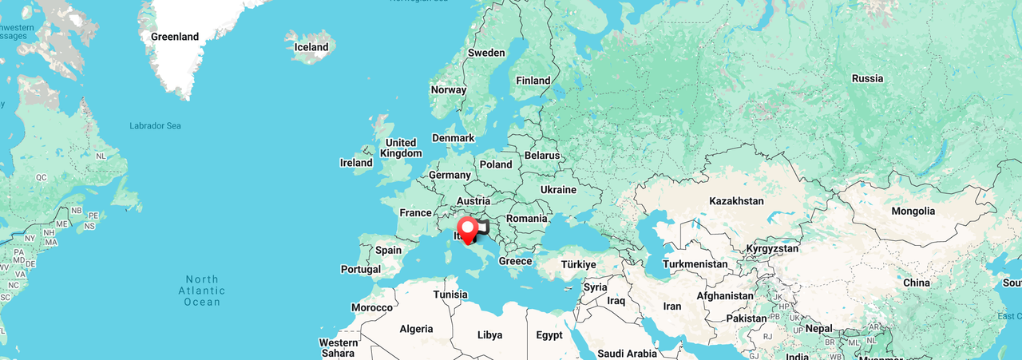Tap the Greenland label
[175, 37]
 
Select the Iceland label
[311, 47]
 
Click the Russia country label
[867, 78]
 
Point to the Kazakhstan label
[736, 201]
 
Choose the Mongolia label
[913, 211]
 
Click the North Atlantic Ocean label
[202, 291]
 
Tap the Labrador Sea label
[155, 126]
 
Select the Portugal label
[361, 270]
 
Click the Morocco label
[372, 307]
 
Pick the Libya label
[490, 334]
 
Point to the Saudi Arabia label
[627, 354]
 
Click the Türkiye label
[578, 264]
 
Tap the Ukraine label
[558, 190]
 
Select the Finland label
[533, 80]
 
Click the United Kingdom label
[401, 148]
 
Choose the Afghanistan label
[725, 295]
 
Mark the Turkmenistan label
[695, 264]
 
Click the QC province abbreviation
[42, 177]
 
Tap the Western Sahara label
[339, 348]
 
